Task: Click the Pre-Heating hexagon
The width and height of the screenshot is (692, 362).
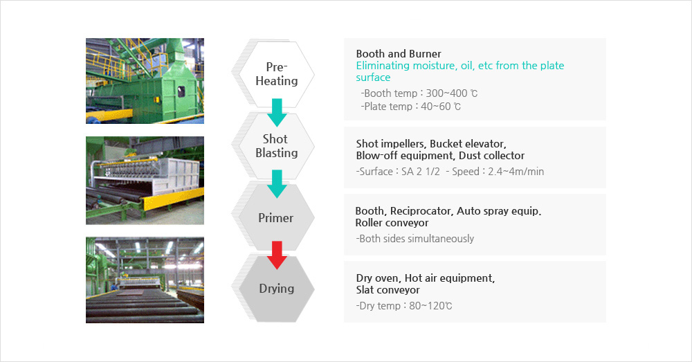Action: point(276,73)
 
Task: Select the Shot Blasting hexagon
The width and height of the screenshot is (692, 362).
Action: point(276,146)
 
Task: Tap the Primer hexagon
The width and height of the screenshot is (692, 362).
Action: point(276,217)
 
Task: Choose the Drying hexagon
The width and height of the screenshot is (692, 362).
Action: point(276,288)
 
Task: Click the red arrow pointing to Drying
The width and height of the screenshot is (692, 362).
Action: point(277,253)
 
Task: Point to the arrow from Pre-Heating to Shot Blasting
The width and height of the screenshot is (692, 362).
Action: point(277,111)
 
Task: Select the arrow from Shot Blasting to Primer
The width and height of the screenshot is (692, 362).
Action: point(277,183)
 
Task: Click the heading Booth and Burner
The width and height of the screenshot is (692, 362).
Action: point(399,53)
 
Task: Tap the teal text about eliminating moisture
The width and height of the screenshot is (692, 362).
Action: point(459,71)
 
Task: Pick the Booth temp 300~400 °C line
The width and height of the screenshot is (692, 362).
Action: point(419,93)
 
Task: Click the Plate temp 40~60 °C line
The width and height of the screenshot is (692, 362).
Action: point(411,107)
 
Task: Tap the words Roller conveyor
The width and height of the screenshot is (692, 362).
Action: point(392,223)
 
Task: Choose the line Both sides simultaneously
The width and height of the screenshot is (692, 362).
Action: point(415,239)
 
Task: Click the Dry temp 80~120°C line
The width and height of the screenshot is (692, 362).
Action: point(404,305)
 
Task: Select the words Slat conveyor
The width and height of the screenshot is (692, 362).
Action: point(388,290)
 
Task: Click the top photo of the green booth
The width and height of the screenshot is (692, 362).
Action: point(145,81)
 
